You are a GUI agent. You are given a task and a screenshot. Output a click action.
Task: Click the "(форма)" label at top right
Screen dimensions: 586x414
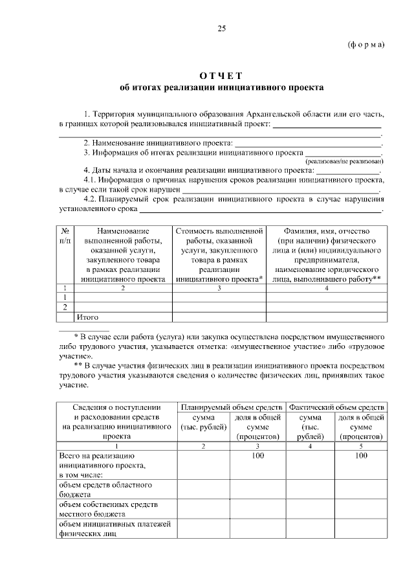[365, 44]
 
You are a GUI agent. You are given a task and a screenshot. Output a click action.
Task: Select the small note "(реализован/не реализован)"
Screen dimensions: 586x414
[344, 161]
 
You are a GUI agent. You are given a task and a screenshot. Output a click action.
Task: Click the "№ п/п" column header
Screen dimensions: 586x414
[65, 236]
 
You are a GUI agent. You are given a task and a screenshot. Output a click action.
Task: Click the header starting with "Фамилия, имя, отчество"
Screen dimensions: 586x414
[327, 231]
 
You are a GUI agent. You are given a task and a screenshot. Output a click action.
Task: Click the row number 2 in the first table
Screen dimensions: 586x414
[65, 307]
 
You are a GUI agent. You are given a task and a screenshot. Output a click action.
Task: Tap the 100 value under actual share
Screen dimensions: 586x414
[361, 456]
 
